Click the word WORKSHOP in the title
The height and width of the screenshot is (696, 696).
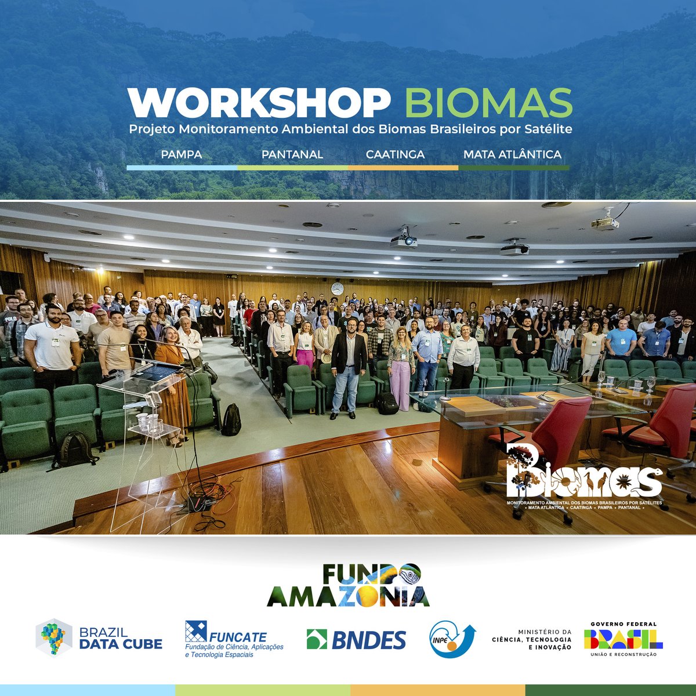click(259, 103)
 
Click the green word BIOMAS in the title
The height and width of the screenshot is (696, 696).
click(488, 103)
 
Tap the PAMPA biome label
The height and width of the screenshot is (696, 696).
click(182, 155)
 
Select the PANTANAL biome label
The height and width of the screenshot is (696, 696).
click(292, 155)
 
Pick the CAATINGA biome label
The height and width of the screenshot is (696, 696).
click(395, 155)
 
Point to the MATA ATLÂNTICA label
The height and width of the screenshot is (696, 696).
click(512, 155)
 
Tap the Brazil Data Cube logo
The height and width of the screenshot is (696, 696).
click(99, 639)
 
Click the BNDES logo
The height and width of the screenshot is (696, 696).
click(356, 640)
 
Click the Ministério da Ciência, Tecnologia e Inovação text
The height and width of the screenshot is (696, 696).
click(531, 640)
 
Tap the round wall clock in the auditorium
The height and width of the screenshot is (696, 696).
click(337, 289)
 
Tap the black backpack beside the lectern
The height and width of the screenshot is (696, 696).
click(231, 419)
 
